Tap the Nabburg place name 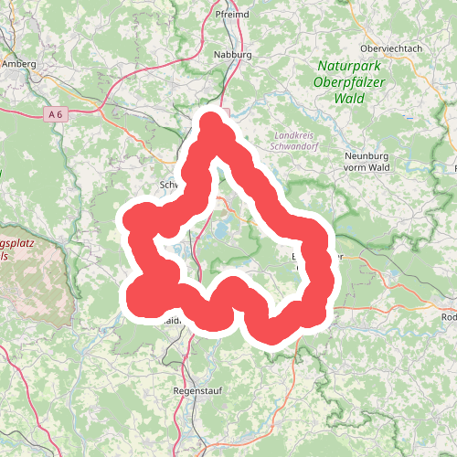[x=232, y=55]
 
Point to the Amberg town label [x=19, y=65]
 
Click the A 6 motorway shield [x=57, y=113]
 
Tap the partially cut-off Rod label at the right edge [x=448, y=317]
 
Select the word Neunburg [x=365, y=155]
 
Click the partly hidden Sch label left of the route [x=167, y=184]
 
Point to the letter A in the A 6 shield [x=53, y=113]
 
